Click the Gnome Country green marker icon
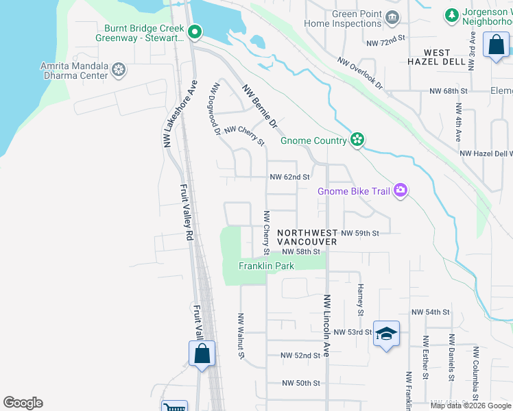(x=357, y=140)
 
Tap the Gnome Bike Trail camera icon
(x=401, y=191)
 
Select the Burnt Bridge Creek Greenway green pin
(x=195, y=32)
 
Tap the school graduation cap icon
(x=386, y=334)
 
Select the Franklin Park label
(x=266, y=266)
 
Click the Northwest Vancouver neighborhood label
(x=307, y=238)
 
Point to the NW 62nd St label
(x=290, y=177)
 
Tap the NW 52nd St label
(x=300, y=356)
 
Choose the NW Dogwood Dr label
(x=216, y=108)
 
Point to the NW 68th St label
(x=448, y=90)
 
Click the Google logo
(x=23, y=403)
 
